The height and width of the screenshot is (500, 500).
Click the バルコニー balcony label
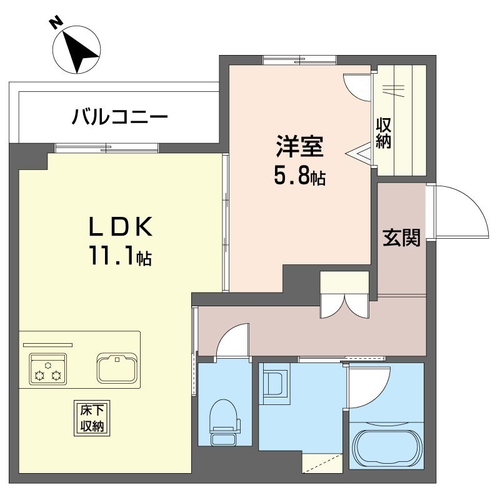pos(119,117)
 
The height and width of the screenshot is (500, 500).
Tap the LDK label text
pos(120,226)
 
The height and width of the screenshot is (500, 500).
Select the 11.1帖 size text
pos(121,256)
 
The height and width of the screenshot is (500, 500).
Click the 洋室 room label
pos(300,146)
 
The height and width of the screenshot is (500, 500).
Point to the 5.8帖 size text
pos(300,176)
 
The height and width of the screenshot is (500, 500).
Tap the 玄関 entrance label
pos(401,237)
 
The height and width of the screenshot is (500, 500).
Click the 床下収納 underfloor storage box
pos(92,418)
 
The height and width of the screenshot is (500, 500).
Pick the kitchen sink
pos(117,367)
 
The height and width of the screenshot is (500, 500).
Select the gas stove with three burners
pos(48,369)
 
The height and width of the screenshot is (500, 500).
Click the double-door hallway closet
pos(345,294)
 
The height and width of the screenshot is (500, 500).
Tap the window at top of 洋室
pos(299,60)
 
